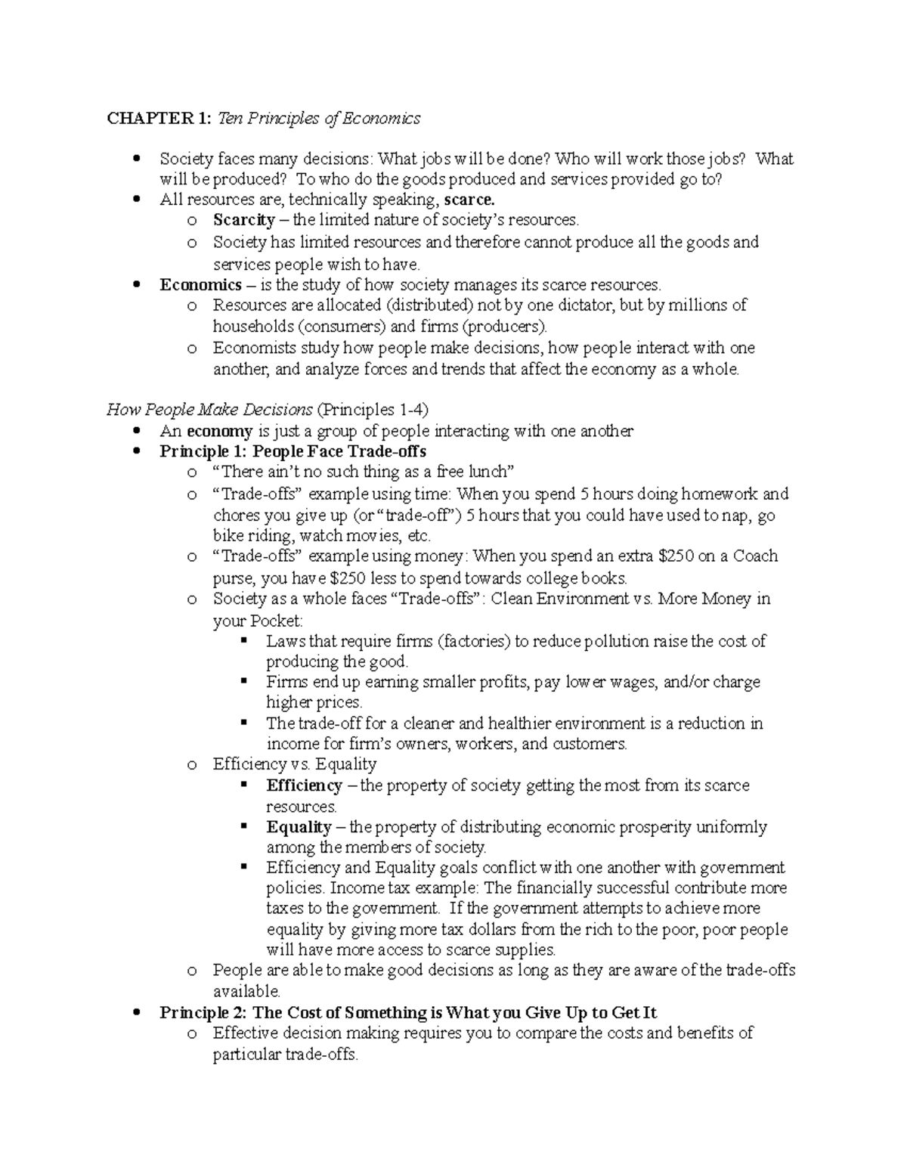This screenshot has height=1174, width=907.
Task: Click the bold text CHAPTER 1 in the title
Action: coord(159,118)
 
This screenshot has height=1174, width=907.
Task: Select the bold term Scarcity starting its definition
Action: coord(244,220)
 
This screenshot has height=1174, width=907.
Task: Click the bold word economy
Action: coord(219,431)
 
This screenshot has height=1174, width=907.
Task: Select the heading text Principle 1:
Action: coord(203,451)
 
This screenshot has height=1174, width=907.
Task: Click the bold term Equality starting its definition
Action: coord(299,827)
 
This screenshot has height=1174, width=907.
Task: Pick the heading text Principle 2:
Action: coord(203,1012)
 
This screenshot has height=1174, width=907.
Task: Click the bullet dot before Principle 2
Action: coord(136,1012)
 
